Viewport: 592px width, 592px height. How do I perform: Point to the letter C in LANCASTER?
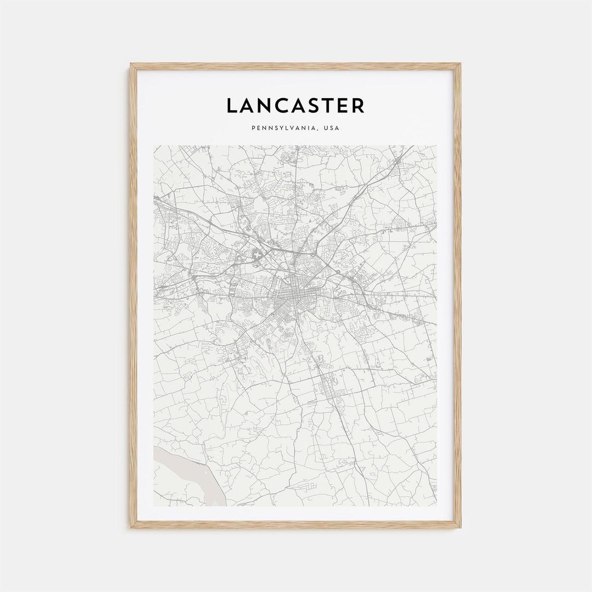tap(289, 106)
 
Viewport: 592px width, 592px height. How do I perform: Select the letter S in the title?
tap(325, 106)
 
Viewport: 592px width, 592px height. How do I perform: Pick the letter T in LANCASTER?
tap(339, 106)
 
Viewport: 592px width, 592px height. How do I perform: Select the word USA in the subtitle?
tap(332, 128)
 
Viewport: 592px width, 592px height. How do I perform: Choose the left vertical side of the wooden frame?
tap(133, 296)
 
